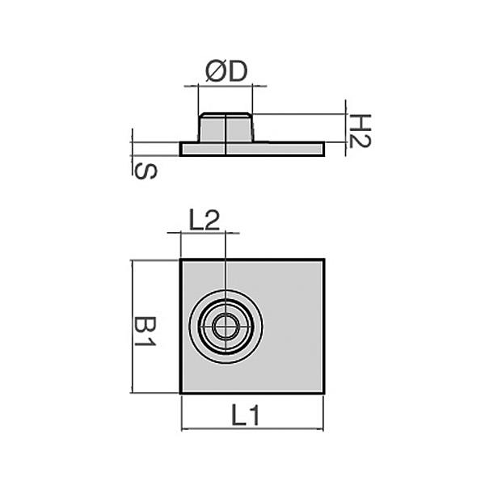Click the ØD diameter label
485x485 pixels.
click(x=226, y=72)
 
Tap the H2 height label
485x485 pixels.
click(x=361, y=129)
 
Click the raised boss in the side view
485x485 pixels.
click(x=226, y=128)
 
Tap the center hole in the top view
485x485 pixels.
click(x=226, y=327)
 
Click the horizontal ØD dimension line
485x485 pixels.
click(x=226, y=84)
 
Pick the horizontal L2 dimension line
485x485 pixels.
click(x=203, y=233)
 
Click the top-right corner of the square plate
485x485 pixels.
click(x=323, y=260)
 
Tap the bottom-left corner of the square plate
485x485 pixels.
click(x=180, y=393)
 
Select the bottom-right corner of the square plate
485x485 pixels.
click(x=323, y=393)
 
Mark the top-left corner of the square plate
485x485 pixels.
click(x=180, y=260)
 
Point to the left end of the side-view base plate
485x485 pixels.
click(x=182, y=149)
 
